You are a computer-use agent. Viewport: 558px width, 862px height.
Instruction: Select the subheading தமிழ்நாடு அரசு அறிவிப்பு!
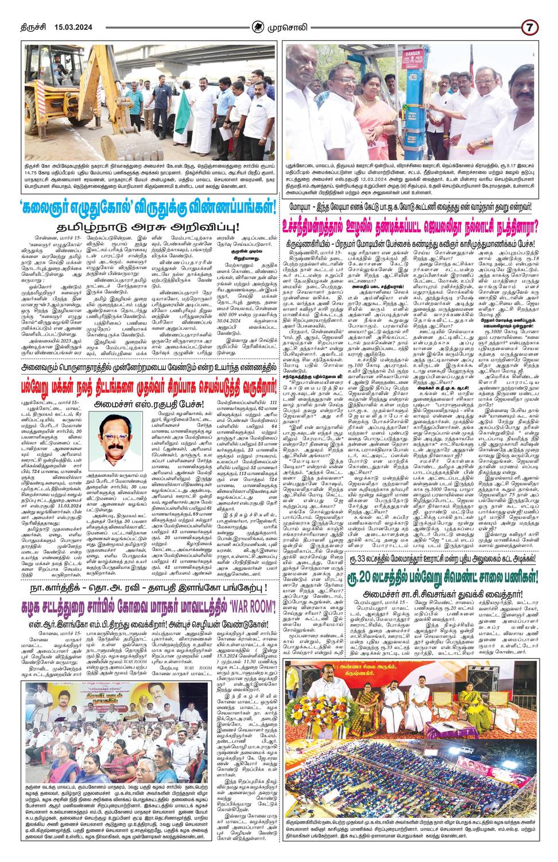[139, 211]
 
